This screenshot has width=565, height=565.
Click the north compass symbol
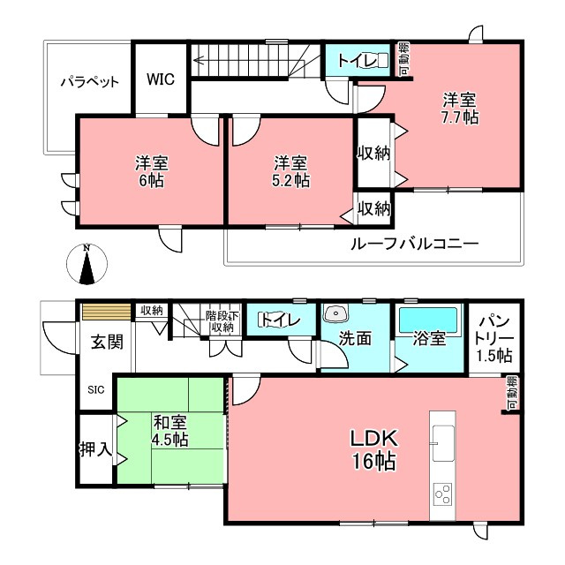click(x=87, y=263)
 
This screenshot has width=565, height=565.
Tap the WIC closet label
click(x=161, y=79)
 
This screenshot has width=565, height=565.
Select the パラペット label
click(x=89, y=82)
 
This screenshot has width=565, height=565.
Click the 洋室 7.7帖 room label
click(x=460, y=109)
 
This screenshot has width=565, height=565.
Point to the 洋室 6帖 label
click(x=152, y=171)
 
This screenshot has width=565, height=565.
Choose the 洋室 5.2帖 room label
click(x=290, y=171)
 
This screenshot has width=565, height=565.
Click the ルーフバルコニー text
click(x=414, y=244)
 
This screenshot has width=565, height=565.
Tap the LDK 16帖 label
click(x=374, y=449)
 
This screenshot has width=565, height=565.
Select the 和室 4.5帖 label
click(x=169, y=431)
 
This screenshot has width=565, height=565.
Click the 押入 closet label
click(x=96, y=449)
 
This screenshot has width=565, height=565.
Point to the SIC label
click(x=96, y=389)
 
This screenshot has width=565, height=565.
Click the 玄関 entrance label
click(x=107, y=342)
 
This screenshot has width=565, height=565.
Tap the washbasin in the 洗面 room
click(x=335, y=313)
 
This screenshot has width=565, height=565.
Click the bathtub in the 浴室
click(x=429, y=320)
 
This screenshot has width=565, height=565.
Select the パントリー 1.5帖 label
click(x=494, y=338)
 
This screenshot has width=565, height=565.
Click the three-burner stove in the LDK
click(x=443, y=493)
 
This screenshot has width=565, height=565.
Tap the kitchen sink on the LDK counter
click(x=444, y=442)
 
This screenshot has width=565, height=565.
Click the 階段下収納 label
click(x=222, y=321)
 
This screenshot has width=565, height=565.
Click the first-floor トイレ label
click(x=280, y=320)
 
